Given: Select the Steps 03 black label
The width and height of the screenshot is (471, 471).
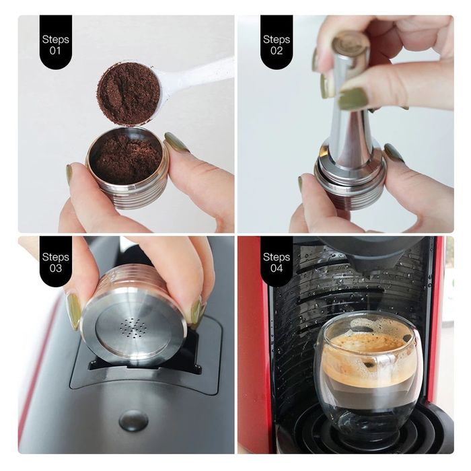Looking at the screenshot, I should (55, 260).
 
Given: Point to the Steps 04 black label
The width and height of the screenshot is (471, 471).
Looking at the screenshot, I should (276, 260).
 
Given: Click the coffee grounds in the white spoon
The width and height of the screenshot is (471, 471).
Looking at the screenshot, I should (128, 93).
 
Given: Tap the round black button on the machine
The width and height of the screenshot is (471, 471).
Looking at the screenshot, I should (133, 420).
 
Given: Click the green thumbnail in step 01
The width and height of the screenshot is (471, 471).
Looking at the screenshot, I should (177, 142).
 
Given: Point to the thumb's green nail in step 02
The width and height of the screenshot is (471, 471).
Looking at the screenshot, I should (353, 99).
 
